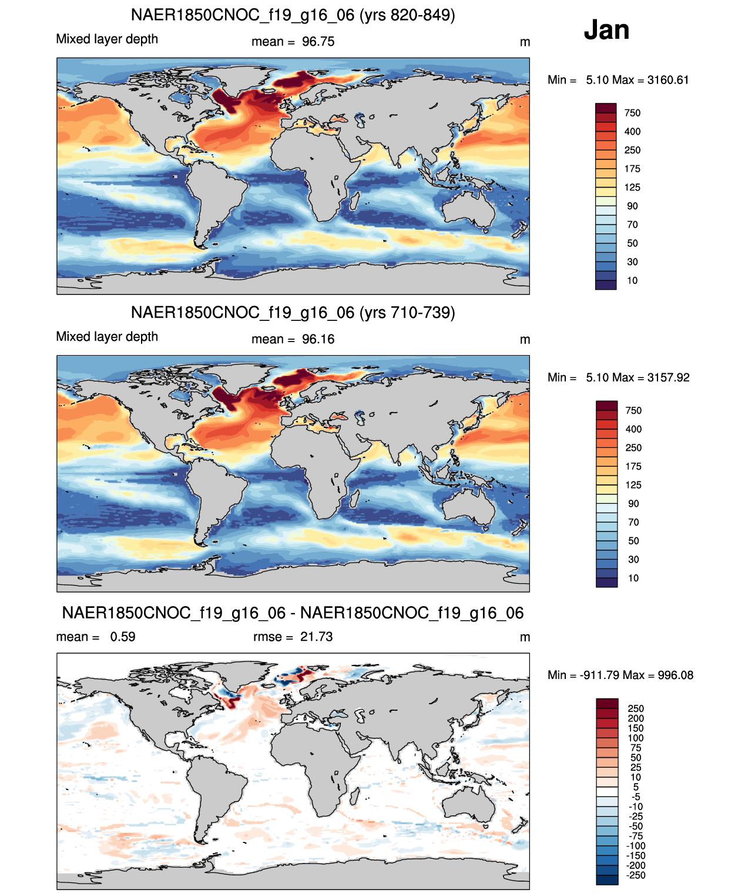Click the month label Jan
[606, 30]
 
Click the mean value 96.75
[318, 42]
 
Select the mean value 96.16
[318, 339]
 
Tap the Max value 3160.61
[668, 80]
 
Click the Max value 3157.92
[669, 377]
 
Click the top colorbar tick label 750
[632, 113]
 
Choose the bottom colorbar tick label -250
[636, 875]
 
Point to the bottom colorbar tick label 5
[636, 787]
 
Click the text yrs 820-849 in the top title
[407, 15]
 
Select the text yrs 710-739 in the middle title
[407, 313]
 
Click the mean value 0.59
[123, 636]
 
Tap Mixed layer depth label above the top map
[107, 39]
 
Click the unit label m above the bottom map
[525, 637]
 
